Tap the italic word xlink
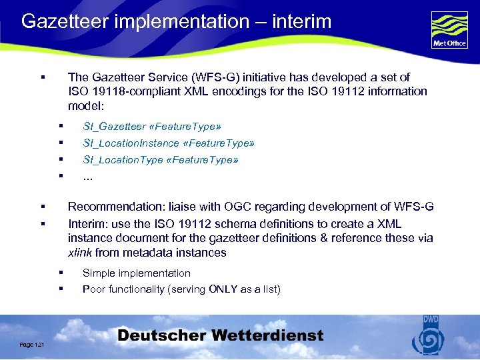click(x=80, y=253)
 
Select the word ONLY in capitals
click(x=226, y=289)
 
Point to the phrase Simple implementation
click(x=137, y=273)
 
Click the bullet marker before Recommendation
click(x=42, y=207)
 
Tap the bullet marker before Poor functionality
click(x=60, y=289)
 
